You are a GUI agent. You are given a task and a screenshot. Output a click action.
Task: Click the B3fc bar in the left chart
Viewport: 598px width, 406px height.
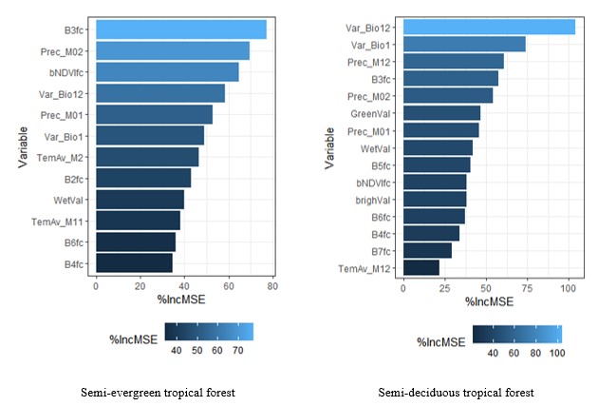(x=180, y=29)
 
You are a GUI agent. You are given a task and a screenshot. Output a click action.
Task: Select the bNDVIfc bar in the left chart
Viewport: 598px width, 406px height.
(x=167, y=71)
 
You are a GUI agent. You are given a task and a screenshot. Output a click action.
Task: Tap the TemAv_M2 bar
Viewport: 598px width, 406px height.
(x=147, y=156)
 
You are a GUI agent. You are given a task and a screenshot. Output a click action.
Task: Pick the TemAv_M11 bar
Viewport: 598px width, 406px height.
(x=138, y=220)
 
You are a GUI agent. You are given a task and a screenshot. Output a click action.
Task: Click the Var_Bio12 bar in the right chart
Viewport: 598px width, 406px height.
(x=489, y=26)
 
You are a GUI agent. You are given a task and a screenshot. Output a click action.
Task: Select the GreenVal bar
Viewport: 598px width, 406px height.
(x=441, y=112)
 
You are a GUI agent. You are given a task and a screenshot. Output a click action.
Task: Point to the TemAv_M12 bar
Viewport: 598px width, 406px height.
(x=421, y=268)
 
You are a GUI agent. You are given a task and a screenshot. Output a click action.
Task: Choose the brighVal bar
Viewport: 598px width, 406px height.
(x=435, y=199)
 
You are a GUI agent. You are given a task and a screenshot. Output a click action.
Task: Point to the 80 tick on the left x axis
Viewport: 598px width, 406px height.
(x=272, y=285)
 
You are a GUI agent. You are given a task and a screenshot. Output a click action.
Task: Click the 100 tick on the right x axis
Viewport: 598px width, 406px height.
(x=568, y=288)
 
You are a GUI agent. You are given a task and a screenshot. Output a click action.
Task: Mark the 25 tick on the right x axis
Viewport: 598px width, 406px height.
(x=444, y=288)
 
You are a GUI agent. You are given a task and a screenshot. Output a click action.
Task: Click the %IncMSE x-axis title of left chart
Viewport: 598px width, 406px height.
(x=183, y=300)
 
